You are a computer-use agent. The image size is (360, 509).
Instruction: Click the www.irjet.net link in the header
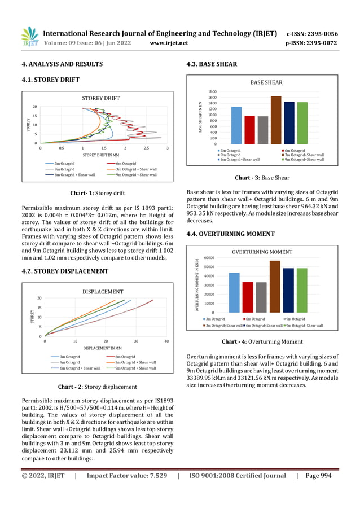click(x=169, y=43)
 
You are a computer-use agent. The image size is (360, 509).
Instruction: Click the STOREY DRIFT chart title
click(x=101, y=98)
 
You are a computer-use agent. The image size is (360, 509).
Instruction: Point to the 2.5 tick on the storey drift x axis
click(x=146, y=148)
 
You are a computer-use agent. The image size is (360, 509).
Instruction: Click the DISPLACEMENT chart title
click(x=103, y=292)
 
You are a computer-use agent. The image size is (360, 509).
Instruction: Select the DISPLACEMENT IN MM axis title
click(x=103, y=349)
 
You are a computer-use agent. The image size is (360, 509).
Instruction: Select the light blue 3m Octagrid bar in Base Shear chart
click(x=221, y=125)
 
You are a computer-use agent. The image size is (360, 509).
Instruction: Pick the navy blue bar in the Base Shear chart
click(x=289, y=122)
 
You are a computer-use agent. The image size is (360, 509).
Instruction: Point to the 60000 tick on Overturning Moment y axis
click(x=208, y=258)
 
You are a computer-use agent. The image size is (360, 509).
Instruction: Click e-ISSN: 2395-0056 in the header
click(x=312, y=33)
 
